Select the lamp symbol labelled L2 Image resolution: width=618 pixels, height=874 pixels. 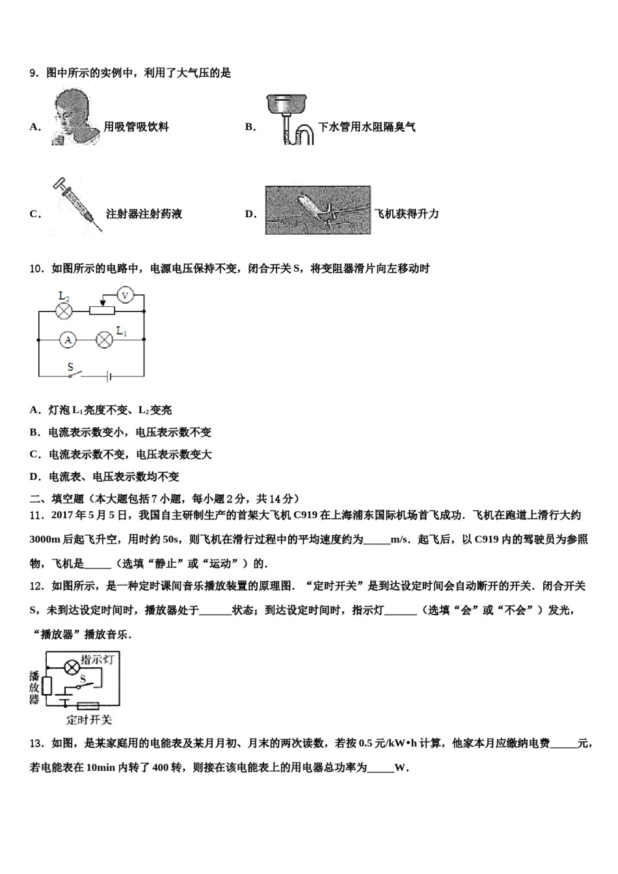pyautogui.click(x=64, y=311)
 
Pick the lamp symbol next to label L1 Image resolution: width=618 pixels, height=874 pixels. pyautogui.click(x=105, y=339)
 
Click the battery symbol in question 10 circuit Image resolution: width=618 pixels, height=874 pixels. pyautogui.click(x=109, y=375)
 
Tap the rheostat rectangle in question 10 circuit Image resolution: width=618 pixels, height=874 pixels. pyautogui.click(x=102, y=311)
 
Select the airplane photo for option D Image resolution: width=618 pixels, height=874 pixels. pyautogui.click(x=317, y=210)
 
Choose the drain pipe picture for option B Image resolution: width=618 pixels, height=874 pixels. pyautogui.click(x=290, y=120)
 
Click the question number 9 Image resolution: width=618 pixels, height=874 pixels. pyautogui.click(x=34, y=73)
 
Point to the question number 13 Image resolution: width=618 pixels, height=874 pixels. pyautogui.click(x=36, y=743)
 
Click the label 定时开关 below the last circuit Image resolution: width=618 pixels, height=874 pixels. pyautogui.click(x=88, y=719)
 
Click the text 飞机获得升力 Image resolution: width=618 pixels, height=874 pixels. pyautogui.click(x=407, y=214)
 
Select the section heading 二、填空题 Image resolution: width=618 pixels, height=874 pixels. pyautogui.click(x=57, y=499)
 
